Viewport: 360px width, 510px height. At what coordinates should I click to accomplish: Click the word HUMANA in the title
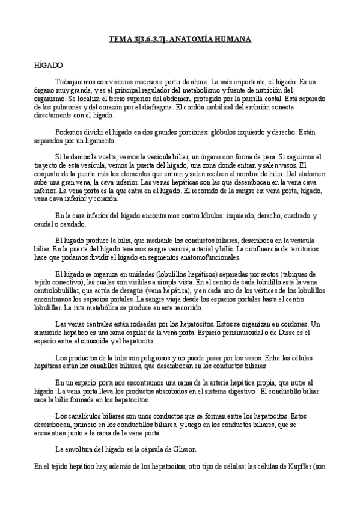[x=231, y=40]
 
